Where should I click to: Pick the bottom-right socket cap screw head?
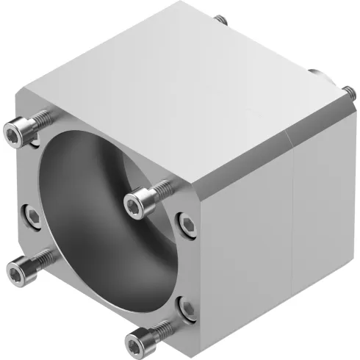coord(137,341)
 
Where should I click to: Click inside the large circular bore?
coord(103,220)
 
